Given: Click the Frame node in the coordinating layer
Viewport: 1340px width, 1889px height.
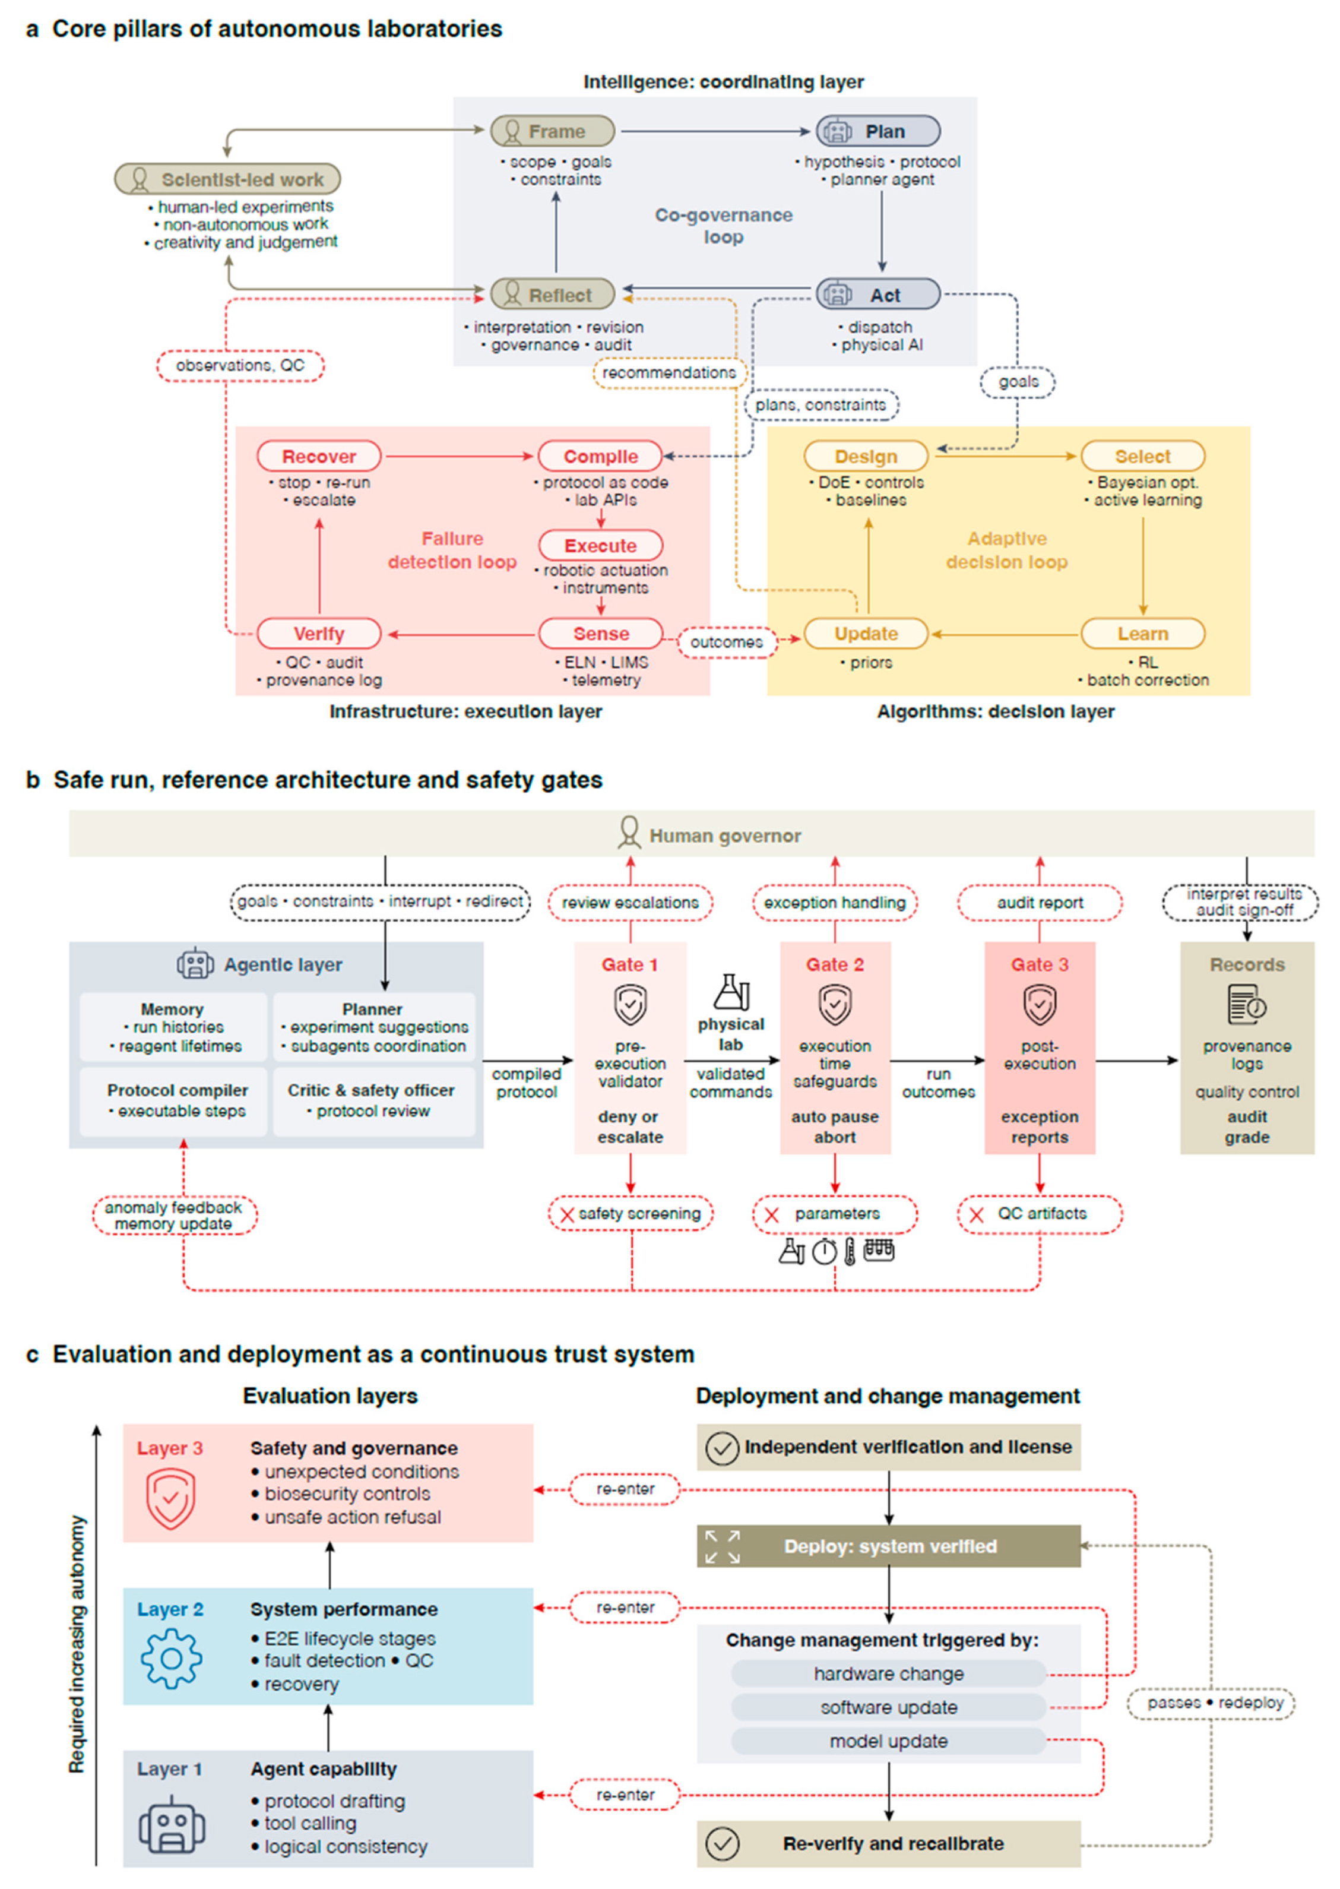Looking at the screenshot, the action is [552, 131].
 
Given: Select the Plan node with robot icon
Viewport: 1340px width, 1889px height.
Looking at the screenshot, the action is [878, 131].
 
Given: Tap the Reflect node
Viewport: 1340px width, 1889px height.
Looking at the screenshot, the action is [552, 294].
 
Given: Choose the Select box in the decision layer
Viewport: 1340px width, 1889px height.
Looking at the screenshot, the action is [1143, 455].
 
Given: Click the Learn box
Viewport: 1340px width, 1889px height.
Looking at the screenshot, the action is [1143, 633].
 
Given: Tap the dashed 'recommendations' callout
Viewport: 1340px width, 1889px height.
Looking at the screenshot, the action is [669, 372].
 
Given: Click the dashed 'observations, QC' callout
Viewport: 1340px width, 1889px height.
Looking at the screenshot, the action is [240, 365].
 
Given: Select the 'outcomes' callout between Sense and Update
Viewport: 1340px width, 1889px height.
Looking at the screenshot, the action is [726, 641].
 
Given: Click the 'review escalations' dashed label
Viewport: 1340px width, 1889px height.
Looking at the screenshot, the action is [631, 902].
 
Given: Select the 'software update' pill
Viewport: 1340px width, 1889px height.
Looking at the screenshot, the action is [889, 1707].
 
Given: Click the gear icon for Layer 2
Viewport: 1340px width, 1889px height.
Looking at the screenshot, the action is [171, 1658].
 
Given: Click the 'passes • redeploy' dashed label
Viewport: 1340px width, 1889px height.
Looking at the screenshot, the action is [1211, 1703].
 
